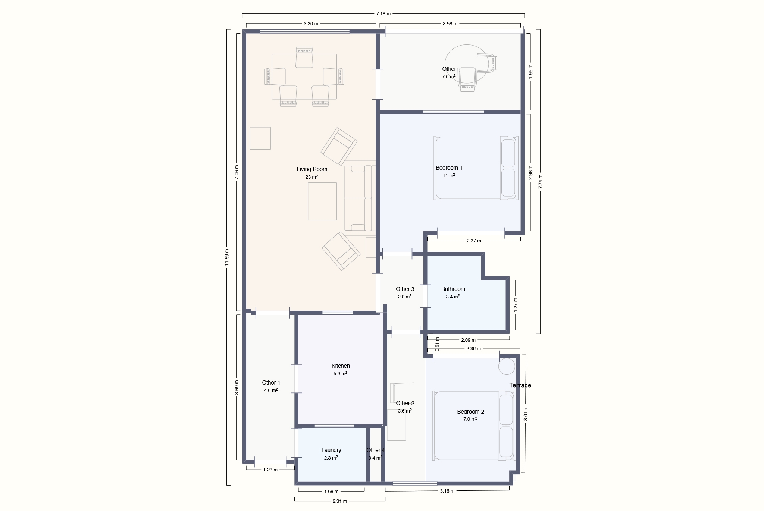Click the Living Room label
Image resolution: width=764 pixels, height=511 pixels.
point(312,169)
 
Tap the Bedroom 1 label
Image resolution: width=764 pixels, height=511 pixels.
point(449,168)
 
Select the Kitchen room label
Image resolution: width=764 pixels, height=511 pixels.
point(341,366)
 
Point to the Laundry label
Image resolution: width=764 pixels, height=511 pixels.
point(331,450)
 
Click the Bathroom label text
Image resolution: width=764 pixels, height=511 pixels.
point(453,289)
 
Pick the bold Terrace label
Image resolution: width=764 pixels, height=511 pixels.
point(520,385)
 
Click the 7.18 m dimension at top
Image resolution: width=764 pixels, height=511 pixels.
point(383,14)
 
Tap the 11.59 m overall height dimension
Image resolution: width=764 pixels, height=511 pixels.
point(226,257)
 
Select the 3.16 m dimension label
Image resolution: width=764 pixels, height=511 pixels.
point(447,491)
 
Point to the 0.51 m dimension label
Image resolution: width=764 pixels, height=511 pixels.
point(437,344)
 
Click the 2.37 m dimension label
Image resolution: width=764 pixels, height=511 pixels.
point(474,241)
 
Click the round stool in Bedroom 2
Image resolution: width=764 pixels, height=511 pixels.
point(507,366)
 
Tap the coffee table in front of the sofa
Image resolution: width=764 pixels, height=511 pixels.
point(322,201)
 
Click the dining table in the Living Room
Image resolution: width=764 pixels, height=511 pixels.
point(304,77)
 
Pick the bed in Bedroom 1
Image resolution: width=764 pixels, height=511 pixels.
point(476,168)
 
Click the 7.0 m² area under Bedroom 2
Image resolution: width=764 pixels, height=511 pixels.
point(470,419)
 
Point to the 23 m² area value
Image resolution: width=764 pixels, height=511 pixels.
point(311,177)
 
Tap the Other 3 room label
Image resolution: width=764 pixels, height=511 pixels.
point(405,289)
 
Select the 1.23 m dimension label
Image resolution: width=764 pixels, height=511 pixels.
point(270,470)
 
